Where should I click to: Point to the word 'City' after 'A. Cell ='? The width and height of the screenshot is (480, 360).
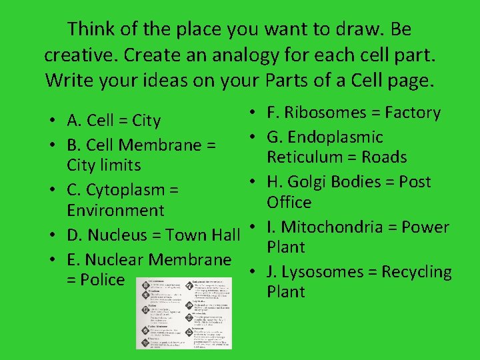pos(147,121)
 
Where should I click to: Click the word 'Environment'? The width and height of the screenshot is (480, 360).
pos(115,211)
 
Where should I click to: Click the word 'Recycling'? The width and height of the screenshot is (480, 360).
pos(415,272)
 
